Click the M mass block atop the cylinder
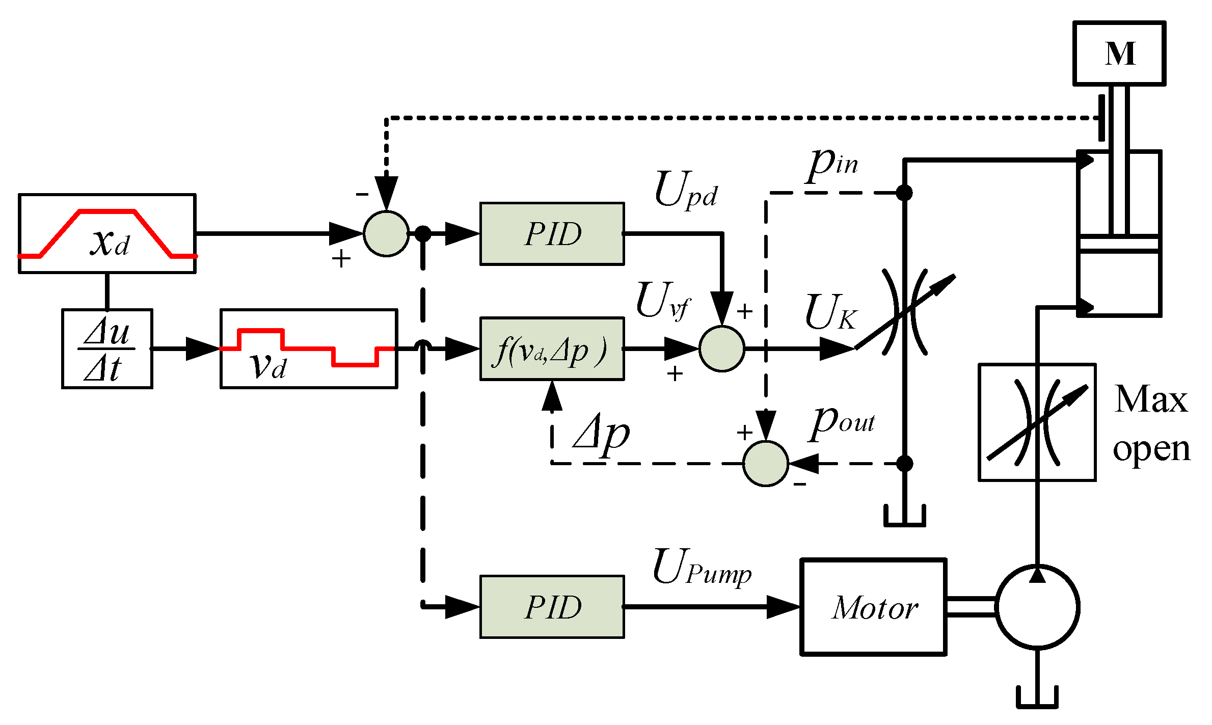tap(1119, 53)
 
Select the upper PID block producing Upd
tap(552, 234)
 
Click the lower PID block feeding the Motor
tap(552, 607)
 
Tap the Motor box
tap(873, 607)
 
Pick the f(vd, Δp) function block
tap(552, 349)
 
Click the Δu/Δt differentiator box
tap(107, 349)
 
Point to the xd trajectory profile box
tap(107, 234)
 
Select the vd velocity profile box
tap(308, 349)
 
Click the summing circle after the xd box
tap(386, 234)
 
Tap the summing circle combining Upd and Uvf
tap(721, 349)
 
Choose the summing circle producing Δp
tap(765, 464)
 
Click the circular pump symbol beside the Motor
tap(1037, 607)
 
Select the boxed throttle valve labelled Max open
tap(1037, 422)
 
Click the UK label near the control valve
tap(830, 312)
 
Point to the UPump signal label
tap(701, 568)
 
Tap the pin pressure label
tap(833, 164)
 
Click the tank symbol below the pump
tap(1037, 698)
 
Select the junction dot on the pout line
tap(904, 464)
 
